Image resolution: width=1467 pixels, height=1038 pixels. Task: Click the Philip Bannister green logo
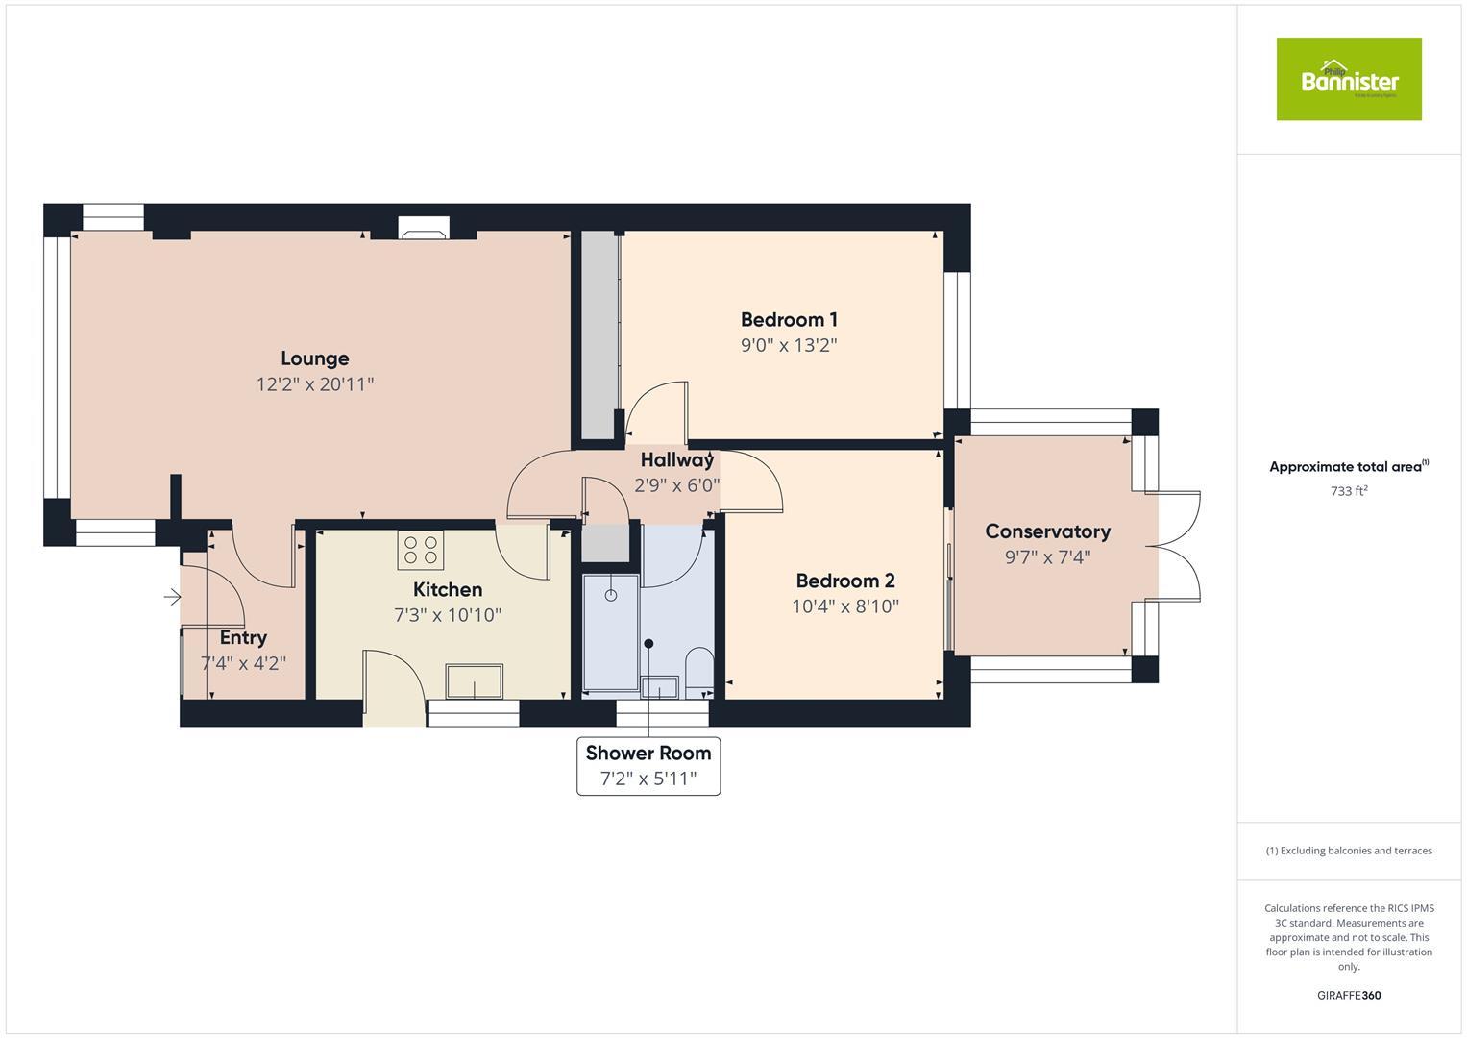click(1348, 80)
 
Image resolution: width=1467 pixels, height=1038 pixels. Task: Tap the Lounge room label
click(314, 358)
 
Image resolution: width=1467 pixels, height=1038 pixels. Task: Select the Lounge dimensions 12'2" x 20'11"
click(314, 384)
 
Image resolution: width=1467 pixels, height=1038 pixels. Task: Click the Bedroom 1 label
click(789, 319)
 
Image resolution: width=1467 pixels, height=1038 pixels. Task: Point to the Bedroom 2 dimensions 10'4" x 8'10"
click(844, 606)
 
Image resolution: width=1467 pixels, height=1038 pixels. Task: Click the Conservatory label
click(1047, 531)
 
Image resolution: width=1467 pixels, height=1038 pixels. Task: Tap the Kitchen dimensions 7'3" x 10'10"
click(448, 615)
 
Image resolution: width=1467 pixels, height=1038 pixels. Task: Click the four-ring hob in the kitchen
click(420, 550)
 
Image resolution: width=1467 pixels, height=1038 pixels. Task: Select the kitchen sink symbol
click(474, 681)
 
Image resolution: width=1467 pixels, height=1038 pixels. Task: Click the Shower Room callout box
click(648, 766)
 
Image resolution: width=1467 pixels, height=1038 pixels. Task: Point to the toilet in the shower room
click(698, 672)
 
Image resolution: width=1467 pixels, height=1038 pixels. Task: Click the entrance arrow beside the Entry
click(172, 598)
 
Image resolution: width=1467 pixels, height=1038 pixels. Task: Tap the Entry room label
click(243, 637)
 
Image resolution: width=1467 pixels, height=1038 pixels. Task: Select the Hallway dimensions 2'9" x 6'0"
click(676, 485)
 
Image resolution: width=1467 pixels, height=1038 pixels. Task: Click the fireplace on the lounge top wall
click(423, 228)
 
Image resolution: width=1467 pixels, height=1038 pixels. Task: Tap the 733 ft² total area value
click(1348, 491)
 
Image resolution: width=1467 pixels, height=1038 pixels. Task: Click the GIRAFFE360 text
click(1348, 995)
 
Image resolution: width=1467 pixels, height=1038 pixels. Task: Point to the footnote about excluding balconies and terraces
click(1348, 851)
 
